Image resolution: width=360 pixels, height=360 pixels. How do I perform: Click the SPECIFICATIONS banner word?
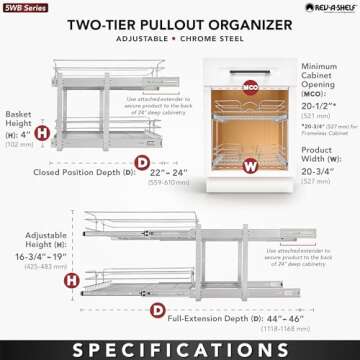pos(180,345)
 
